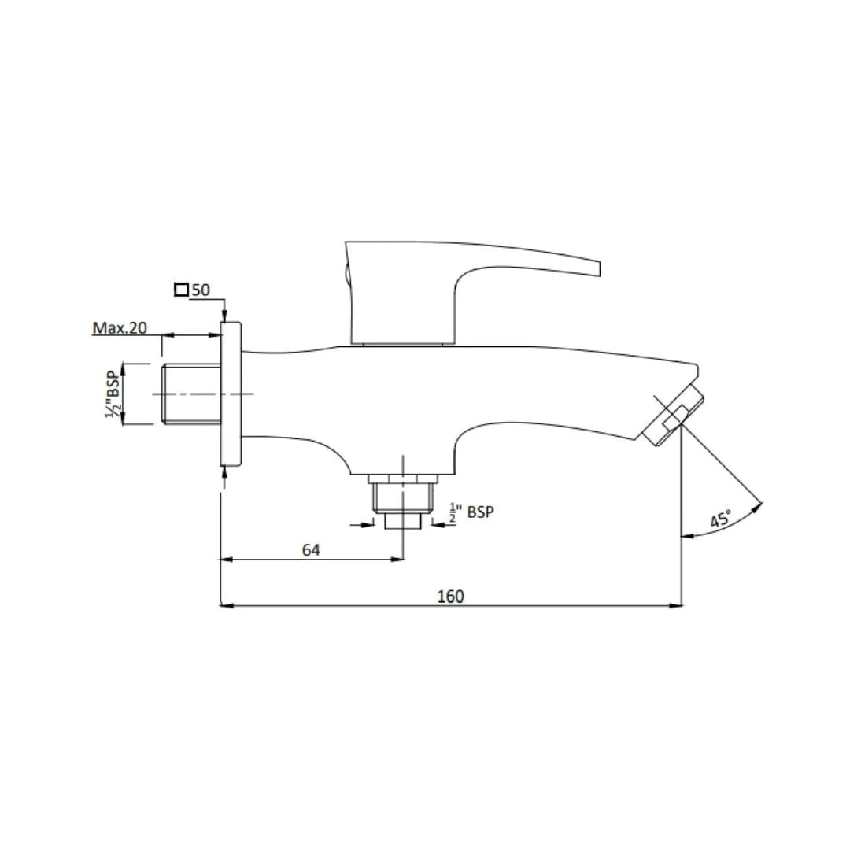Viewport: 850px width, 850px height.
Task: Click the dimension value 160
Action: point(450,597)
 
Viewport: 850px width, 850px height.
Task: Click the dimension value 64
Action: point(311,549)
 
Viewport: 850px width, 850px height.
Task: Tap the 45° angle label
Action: point(721,519)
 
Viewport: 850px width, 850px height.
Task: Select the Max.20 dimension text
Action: point(120,328)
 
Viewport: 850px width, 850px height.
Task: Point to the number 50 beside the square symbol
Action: point(201,290)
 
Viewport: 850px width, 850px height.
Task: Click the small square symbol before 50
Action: point(181,290)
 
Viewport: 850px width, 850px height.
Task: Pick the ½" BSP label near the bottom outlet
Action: point(471,512)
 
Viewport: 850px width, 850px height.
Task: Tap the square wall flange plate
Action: point(231,394)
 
